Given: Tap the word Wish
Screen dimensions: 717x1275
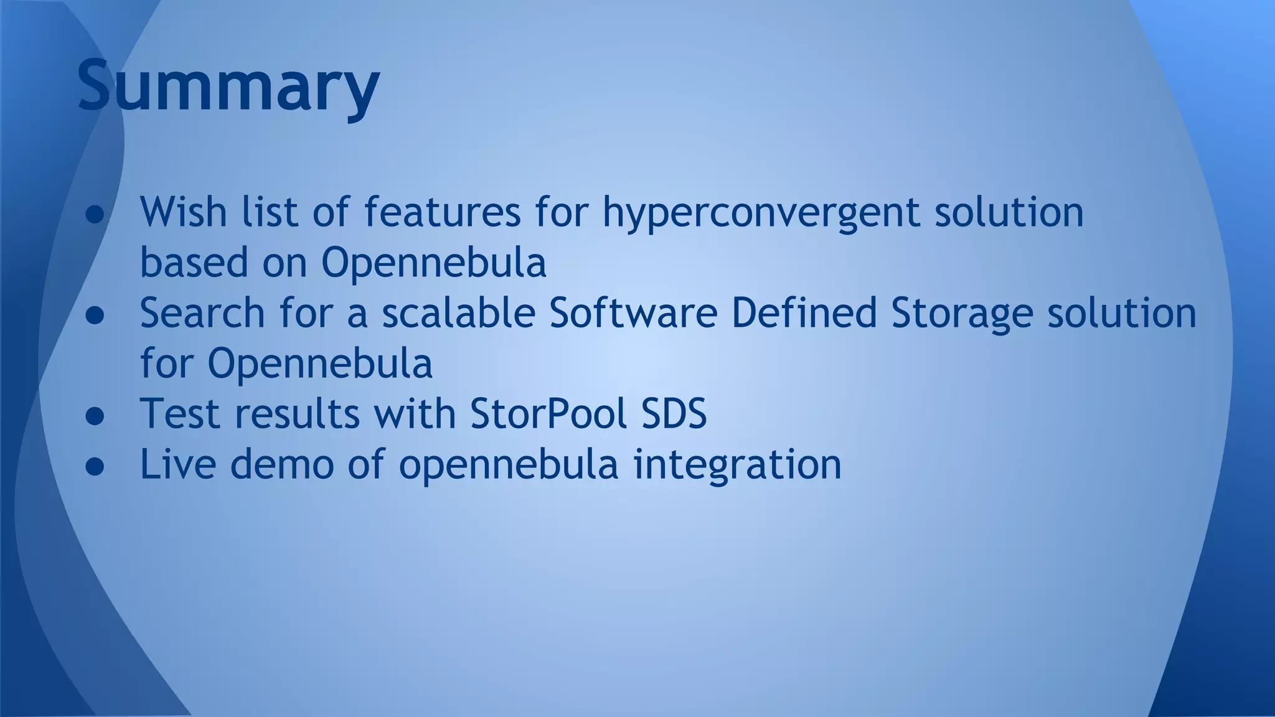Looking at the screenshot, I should click(x=183, y=212).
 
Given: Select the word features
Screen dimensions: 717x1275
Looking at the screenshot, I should click(x=442, y=212).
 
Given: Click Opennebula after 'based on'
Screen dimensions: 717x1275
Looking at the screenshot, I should click(x=433, y=263).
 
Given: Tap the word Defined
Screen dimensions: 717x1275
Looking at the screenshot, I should click(x=804, y=312).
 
